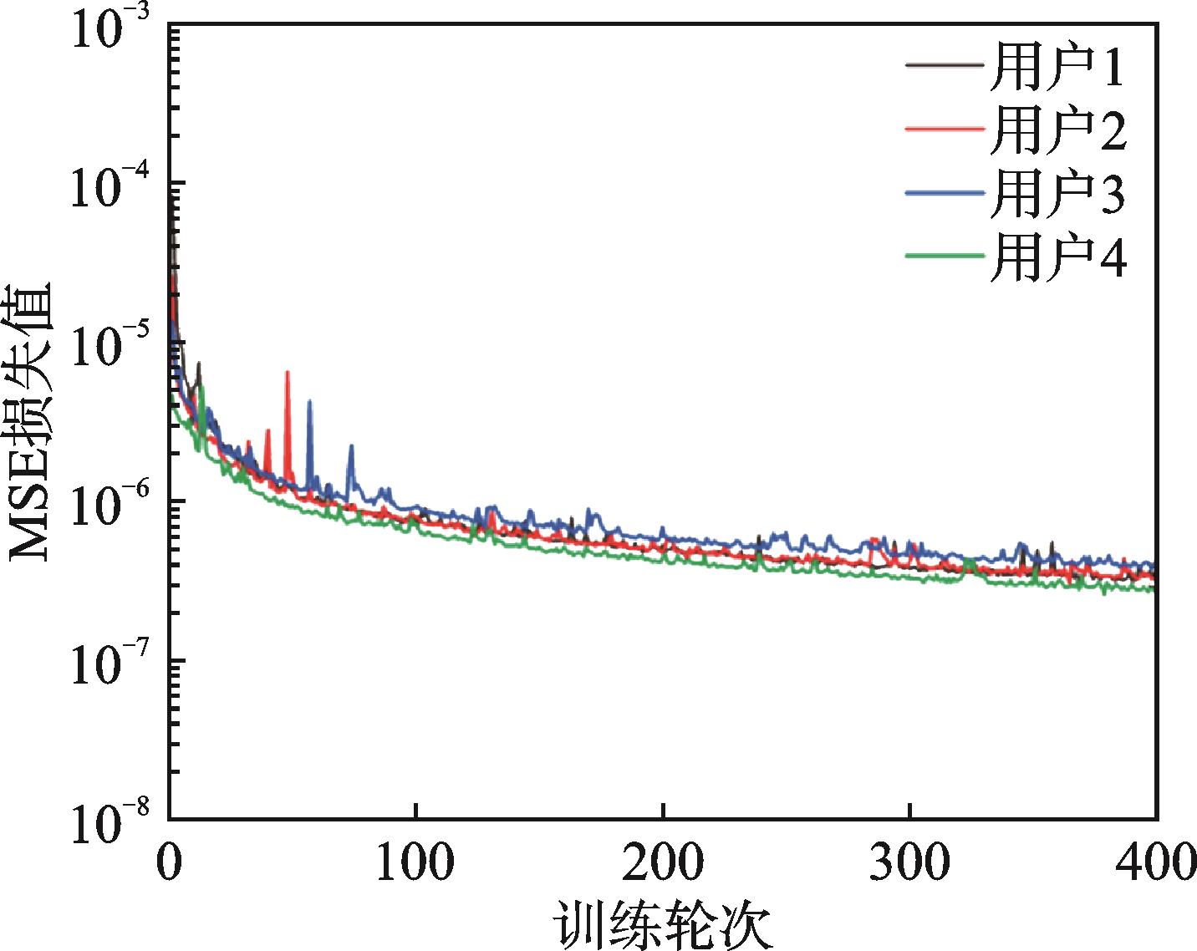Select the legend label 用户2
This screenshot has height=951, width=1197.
point(1057,130)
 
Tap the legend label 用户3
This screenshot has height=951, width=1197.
point(1057,194)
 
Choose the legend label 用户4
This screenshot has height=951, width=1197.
point(1057,256)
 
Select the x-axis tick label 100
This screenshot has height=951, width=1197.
point(415,864)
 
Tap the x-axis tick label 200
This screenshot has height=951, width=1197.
point(662,864)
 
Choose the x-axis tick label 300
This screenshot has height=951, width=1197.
point(909,864)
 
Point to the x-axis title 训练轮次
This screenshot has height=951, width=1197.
point(662,924)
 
